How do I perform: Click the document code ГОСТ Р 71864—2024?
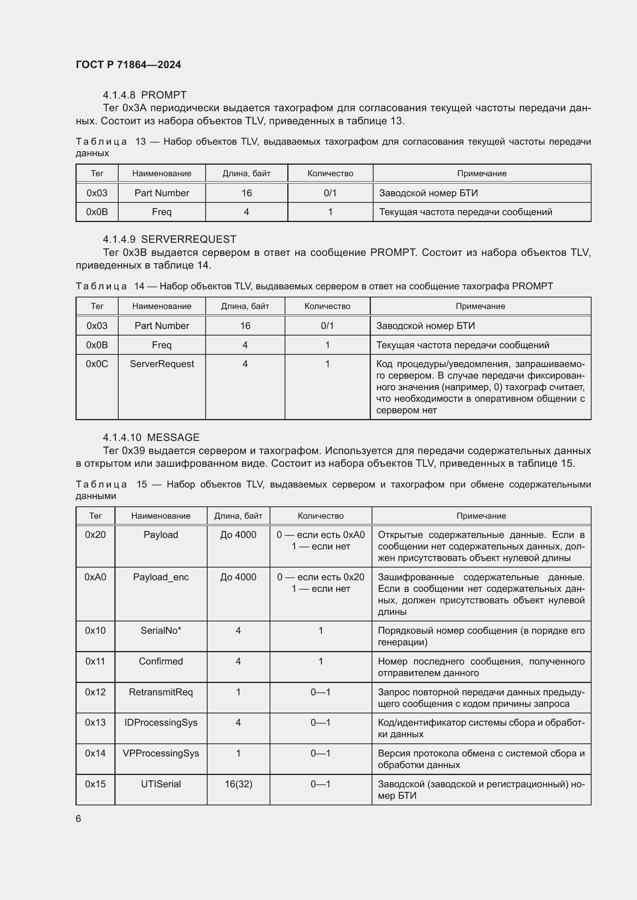[x=128, y=65]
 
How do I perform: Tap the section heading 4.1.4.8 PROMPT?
[x=144, y=95]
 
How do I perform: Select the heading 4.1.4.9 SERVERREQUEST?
[x=169, y=239]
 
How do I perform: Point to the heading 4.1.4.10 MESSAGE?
[x=151, y=437]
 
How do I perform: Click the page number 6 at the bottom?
[x=79, y=818]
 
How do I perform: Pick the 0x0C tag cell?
[x=97, y=364]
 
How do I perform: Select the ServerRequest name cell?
[x=162, y=364]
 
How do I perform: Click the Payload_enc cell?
[x=161, y=577]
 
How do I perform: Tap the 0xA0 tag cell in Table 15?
[x=95, y=577]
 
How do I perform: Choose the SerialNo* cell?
[x=161, y=630]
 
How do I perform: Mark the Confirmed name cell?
[x=161, y=661]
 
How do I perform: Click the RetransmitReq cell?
[x=161, y=692]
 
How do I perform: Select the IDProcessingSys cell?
[x=161, y=723]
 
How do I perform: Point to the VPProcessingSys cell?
[x=161, y=753]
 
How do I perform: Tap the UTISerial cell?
[x=161, y=784]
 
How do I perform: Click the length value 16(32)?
[x=238, y=784]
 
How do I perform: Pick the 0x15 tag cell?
[x=95, y=784]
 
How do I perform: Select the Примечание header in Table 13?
[x=482, y=173]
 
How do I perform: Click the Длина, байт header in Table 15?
[x=238, y=516]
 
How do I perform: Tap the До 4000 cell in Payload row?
[x=238, y=535]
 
